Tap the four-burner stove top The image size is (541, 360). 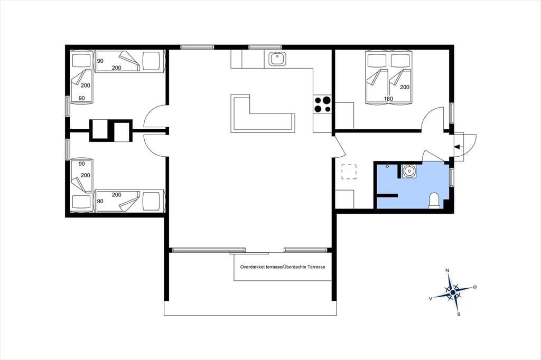click(x=322, y=104)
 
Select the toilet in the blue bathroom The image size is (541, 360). click(x=434, y=201)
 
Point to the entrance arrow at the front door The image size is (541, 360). click(x=458, y=147)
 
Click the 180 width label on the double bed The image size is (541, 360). click(x=388, y=99)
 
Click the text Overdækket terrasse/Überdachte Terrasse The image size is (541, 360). click(x=283, y=267)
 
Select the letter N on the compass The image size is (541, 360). click(x=447, y=270)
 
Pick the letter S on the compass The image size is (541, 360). click(x=459, y=314)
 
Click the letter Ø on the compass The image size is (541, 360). click(x=475, y=287)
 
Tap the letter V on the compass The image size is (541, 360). click(x=431, y=299)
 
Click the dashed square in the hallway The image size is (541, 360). click(x=349, y=172)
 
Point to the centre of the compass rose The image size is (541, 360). click(x=453, y=292)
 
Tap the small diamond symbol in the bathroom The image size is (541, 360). click(x=387, y=166)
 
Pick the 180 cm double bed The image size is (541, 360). click(x=389, y=77)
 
